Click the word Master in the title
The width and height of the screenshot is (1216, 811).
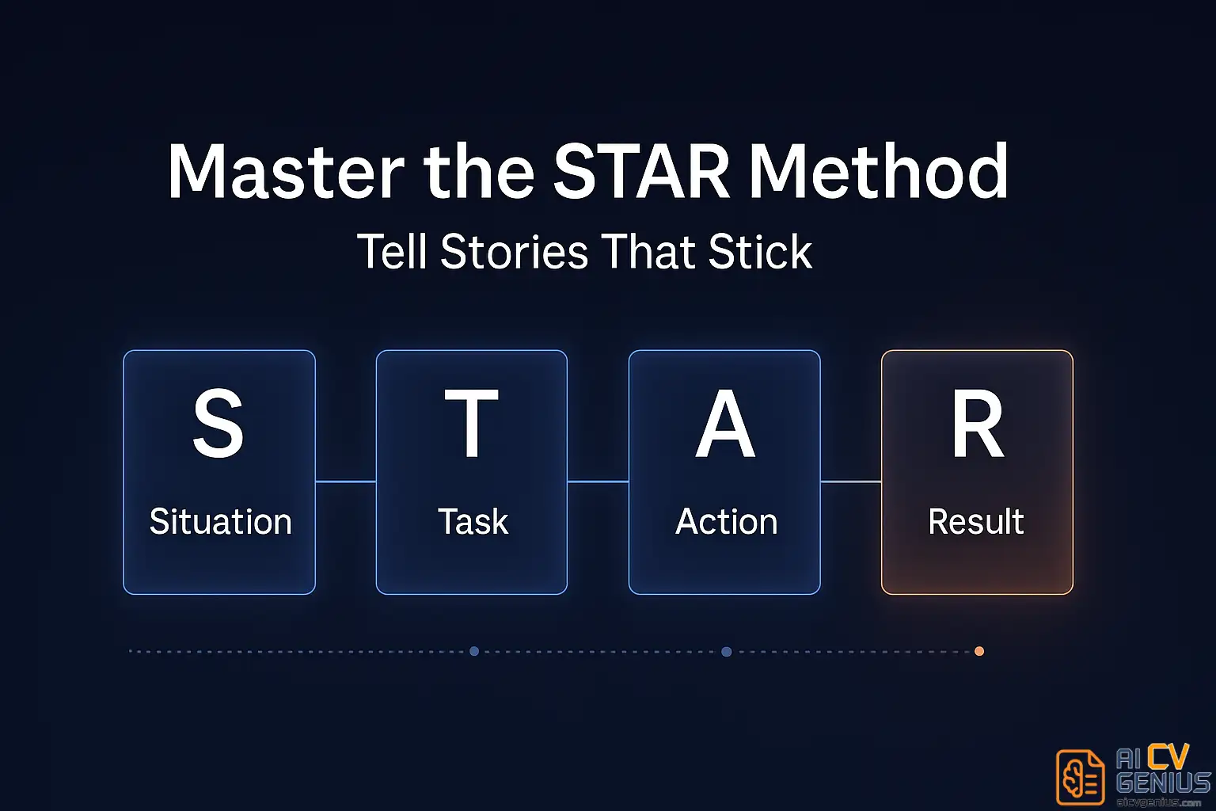286,172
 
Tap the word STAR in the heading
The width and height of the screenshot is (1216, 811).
641,172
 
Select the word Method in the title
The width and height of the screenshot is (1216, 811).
879,172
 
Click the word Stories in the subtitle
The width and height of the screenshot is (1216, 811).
514,253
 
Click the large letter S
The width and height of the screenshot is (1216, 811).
218,424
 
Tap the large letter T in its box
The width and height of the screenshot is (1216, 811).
472,424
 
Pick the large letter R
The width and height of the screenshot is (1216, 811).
978,425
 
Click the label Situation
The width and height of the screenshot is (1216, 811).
220,522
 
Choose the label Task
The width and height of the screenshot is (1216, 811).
473,522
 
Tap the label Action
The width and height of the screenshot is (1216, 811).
726,522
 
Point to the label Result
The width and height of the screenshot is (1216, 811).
976,522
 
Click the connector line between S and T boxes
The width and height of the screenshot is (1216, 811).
345,481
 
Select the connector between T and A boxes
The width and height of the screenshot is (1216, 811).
598,481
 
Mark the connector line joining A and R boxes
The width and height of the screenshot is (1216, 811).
851,481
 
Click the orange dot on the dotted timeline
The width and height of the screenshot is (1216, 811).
979,651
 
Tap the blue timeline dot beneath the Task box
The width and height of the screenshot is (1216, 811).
474,651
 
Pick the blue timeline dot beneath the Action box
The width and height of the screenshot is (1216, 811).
726,651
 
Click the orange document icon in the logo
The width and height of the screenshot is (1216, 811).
1081,777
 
